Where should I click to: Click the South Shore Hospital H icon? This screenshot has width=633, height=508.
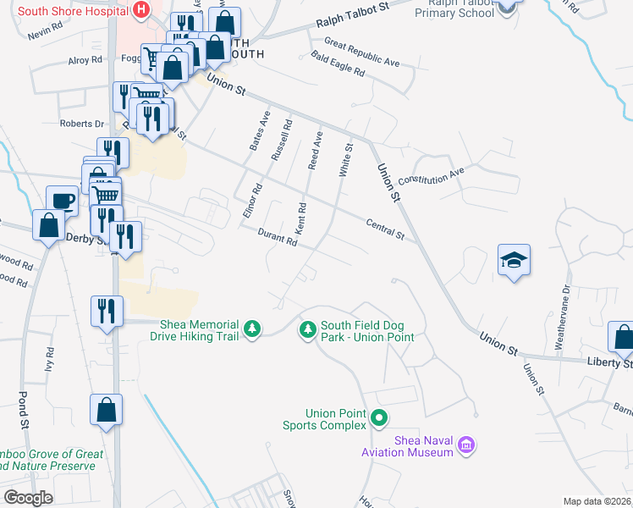(141, 9)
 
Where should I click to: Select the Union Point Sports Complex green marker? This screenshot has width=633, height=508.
(380, 417)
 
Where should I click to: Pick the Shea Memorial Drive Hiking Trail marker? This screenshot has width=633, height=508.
(251, 329)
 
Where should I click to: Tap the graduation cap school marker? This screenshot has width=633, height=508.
(514, 260)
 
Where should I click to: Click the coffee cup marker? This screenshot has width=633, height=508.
(62, 201)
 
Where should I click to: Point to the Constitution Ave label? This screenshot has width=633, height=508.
(432, 176)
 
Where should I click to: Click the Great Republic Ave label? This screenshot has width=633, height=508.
(361, 52)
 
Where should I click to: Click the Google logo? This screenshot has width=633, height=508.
(28, 497)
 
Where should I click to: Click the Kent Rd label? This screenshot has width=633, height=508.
(300, 219)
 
